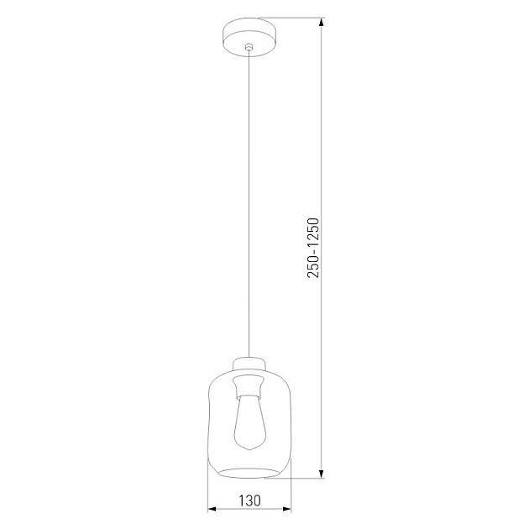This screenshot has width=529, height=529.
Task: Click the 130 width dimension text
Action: pyautogui.click(x=249, y=499)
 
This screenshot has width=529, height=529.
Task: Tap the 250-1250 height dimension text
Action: pyautogui.click(x=312, y=249)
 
